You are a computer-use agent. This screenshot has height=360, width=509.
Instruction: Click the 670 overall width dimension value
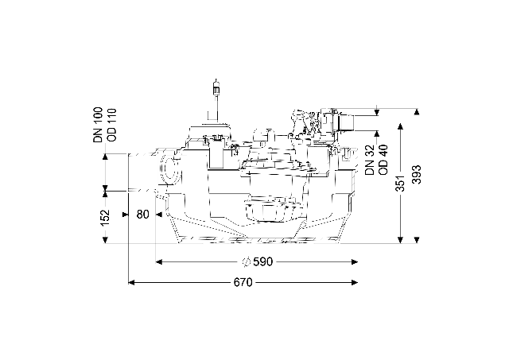tap(243, 282)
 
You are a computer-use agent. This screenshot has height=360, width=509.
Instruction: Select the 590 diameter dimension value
tap(263, 261)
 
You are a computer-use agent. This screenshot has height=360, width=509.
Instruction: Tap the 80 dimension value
tap(142, 215)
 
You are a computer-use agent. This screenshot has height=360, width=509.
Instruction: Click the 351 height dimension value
tap(401, 184)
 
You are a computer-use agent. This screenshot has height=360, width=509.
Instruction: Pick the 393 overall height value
tap(417, 175)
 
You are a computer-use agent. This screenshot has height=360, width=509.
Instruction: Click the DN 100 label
tap(98, 125)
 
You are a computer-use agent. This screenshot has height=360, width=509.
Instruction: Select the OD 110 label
tap(112, 125)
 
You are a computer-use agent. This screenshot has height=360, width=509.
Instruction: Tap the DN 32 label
tap(369, 160)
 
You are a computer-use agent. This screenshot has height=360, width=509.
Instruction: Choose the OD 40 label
tap(383, 160)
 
